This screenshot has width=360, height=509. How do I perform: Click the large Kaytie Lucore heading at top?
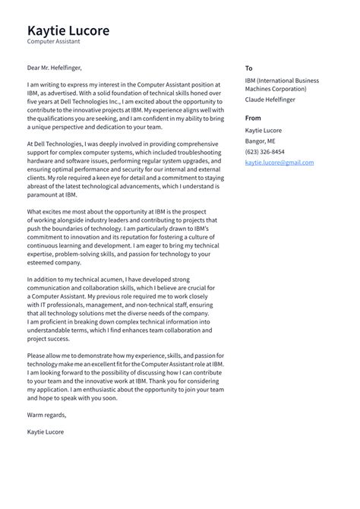(68, 31)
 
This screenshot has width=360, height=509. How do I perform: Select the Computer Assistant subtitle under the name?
(54, 43)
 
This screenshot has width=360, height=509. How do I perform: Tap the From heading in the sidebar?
(253, 118)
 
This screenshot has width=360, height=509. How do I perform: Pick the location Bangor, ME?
(261, 141)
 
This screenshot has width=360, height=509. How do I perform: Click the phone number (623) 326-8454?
(266, 152)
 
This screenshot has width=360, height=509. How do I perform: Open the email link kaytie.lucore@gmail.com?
(279, 163)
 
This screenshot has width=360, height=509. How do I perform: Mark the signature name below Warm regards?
(46, 432)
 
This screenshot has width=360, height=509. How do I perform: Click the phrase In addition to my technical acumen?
(81, 280)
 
